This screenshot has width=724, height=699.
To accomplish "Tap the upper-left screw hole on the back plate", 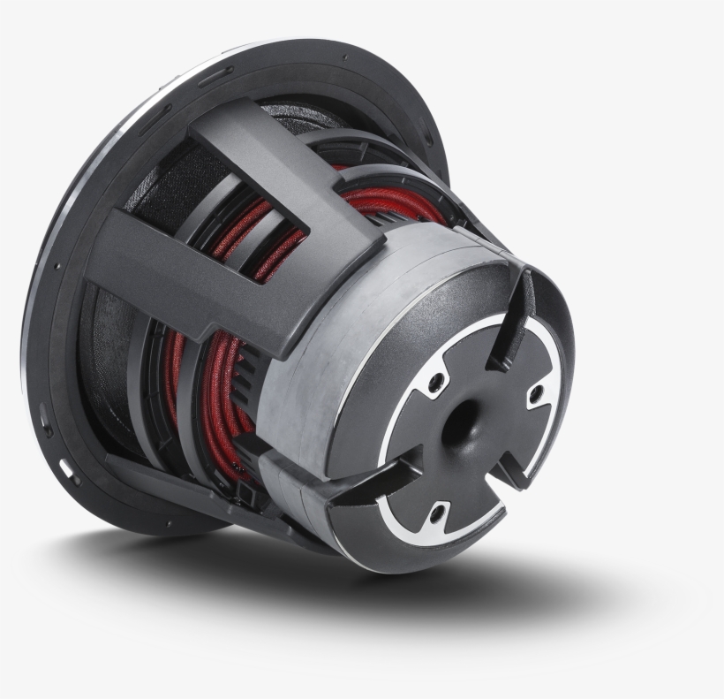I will [434, 383].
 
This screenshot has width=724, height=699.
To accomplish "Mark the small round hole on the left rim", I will [57, 265].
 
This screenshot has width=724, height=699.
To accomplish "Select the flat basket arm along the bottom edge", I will [177, 495].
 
